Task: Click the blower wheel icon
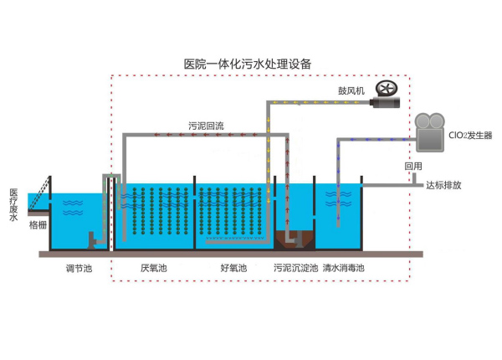(x=386, y=88)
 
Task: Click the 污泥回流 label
(x=206, y=126)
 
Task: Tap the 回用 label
(x=413, y=167)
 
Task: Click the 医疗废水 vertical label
(x=13, y=205)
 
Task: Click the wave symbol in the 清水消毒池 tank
(x=338, y=203)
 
